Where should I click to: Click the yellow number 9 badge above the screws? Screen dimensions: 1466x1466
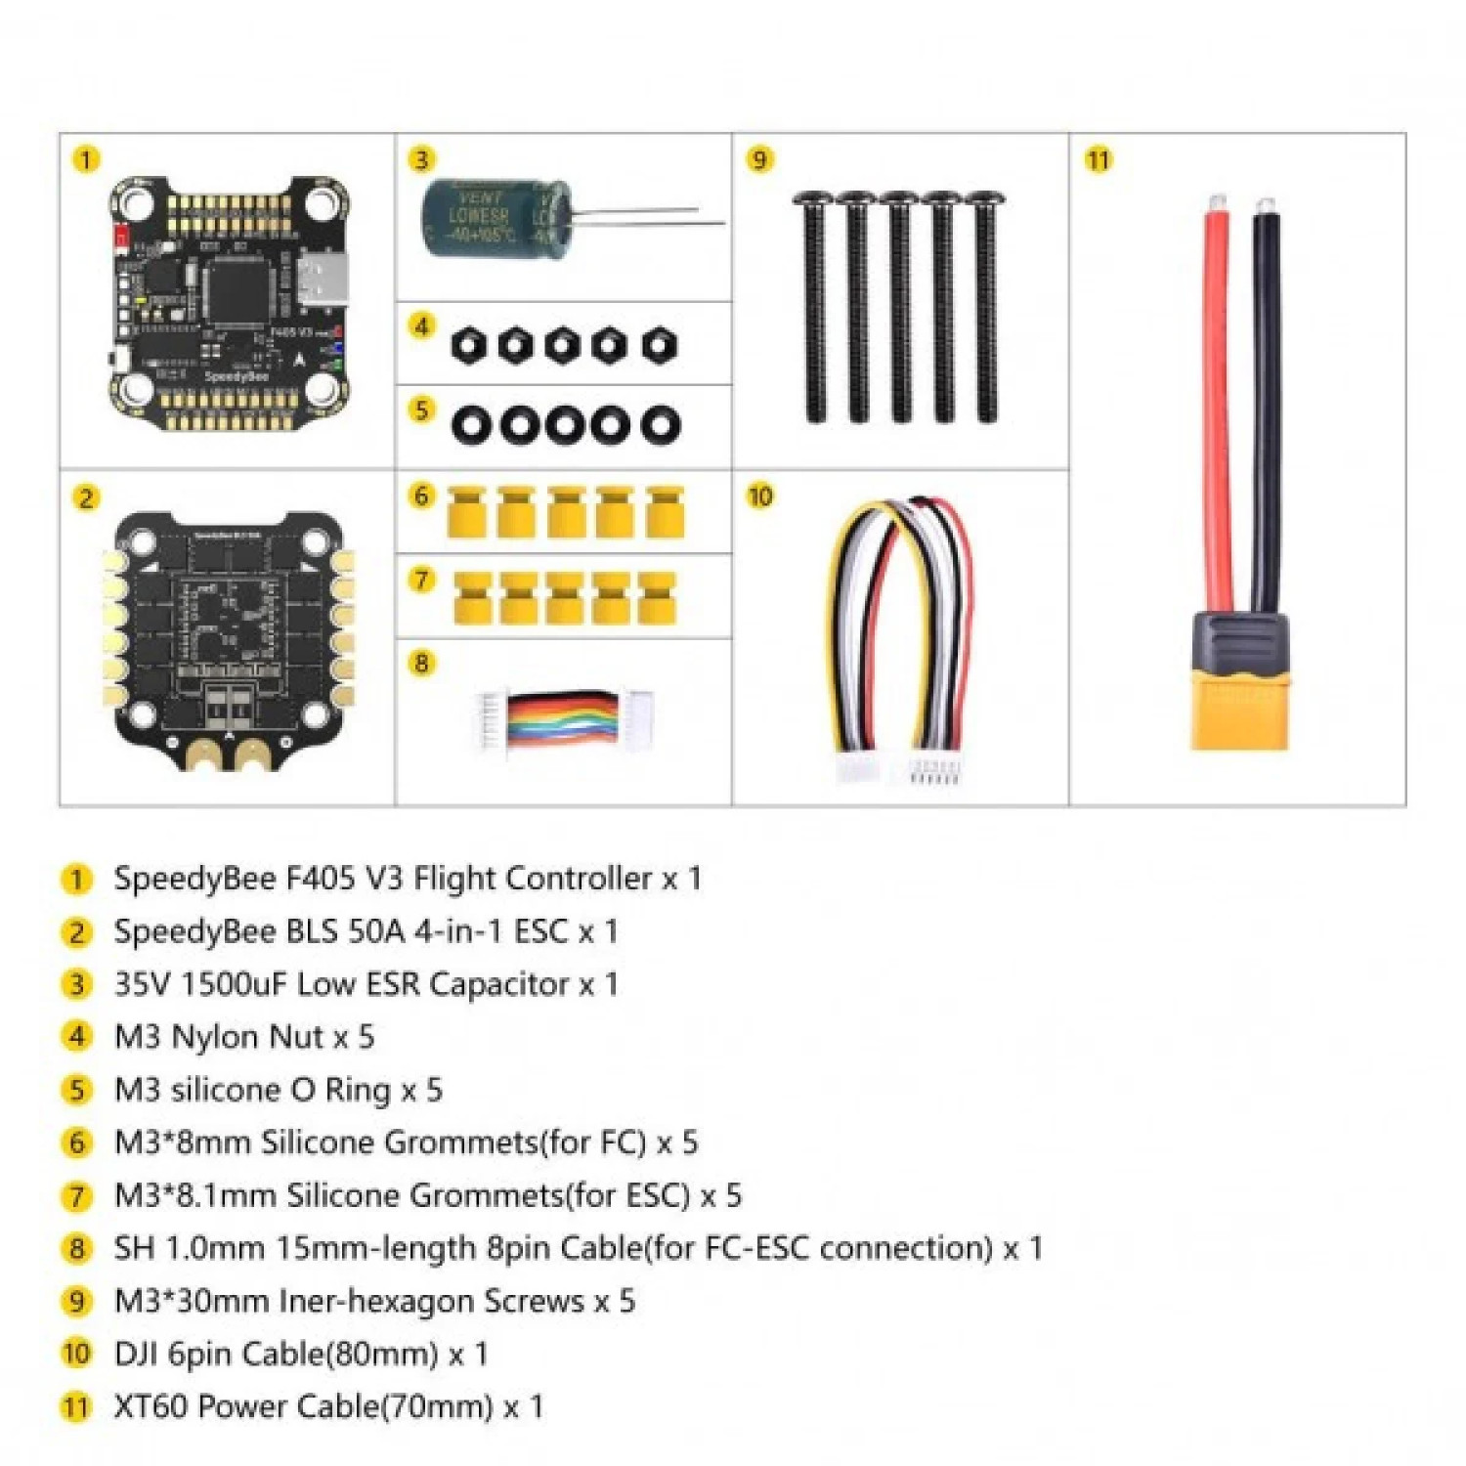coord(759,159)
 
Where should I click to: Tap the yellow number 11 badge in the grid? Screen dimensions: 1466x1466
coord(1099,159)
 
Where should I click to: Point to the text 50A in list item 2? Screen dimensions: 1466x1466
coord(376,931)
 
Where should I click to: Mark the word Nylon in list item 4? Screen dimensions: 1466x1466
coord(216,1037)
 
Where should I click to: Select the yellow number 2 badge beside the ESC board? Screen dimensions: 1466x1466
coord(86,498)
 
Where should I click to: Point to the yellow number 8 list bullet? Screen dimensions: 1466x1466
coord(76,1248)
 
